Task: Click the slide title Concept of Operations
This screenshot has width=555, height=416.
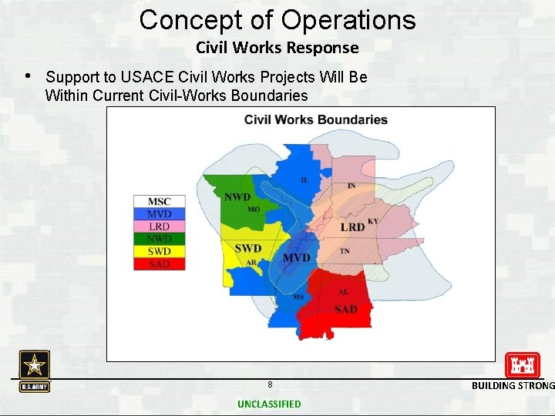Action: coord(277,19)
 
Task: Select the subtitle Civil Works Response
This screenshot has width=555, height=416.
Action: coord(277,48)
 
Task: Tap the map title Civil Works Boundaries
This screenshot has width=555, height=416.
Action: coord(315,119)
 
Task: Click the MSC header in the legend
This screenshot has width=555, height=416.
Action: coord(160,202)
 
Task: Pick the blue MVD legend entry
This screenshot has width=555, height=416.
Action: coord(160,213)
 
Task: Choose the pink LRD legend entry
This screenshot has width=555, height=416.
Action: coord(160,226)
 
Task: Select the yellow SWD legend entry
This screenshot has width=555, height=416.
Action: coord(160,251)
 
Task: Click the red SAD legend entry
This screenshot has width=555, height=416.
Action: coord(160,263)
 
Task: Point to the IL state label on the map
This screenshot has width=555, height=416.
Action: coord(305,179)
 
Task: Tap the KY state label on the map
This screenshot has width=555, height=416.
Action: coord(373,221)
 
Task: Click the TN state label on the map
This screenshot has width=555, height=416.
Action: coord(345,251)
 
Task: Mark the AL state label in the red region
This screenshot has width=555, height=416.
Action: coord(343,293)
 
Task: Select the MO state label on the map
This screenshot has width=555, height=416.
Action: coord(254,210)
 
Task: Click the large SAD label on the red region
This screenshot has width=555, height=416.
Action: coord(346,309)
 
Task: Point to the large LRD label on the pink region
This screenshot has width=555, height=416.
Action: coord(352,227)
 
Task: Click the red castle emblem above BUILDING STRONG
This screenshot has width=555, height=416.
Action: coord(522,365)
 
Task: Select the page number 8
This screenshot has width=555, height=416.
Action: coord(270,384)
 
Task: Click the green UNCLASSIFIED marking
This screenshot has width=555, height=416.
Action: coord(269,404)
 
